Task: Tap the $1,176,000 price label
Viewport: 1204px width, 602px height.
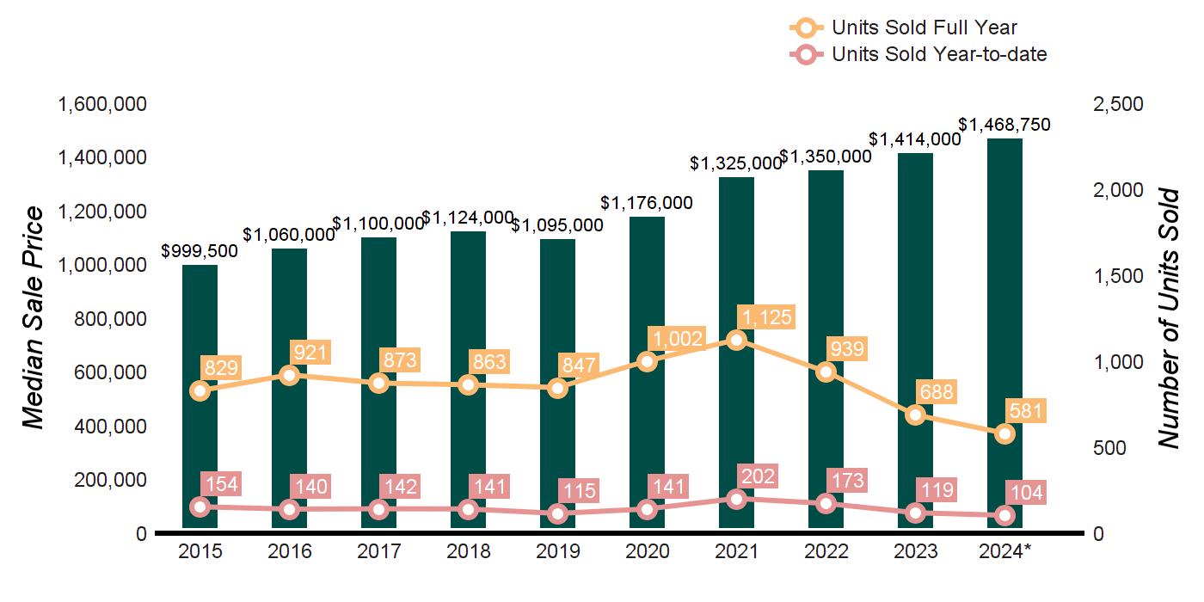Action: point(647,203)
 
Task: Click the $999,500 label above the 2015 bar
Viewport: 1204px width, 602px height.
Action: point(200,251)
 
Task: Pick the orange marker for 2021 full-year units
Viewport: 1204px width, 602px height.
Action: point(736,340)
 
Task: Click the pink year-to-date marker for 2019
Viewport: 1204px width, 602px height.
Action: point(557,513)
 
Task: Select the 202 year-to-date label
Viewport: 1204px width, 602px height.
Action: point(758,476)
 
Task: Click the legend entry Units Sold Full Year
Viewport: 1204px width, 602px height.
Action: point(924,28)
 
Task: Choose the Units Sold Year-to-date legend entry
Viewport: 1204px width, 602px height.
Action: point(938,54)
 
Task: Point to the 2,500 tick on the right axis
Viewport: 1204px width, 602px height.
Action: point(1117,104)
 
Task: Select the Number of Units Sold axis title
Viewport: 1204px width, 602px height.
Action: point(1167,318)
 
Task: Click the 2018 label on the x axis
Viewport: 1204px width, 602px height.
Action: point(468,551)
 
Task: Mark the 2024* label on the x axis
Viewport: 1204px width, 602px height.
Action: point(1004,551)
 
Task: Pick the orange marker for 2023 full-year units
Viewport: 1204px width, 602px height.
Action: point(915,415)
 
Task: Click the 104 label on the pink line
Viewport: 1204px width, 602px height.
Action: point(1026,493)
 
